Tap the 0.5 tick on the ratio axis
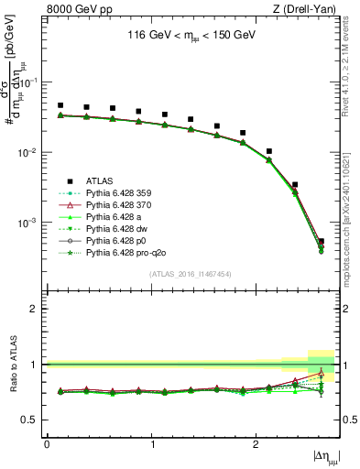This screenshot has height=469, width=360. click(x=34, y=420)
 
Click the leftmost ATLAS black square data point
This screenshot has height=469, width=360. click(x=60, y=105)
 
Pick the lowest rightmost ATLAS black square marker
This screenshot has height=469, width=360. click(x=321, y=242)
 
